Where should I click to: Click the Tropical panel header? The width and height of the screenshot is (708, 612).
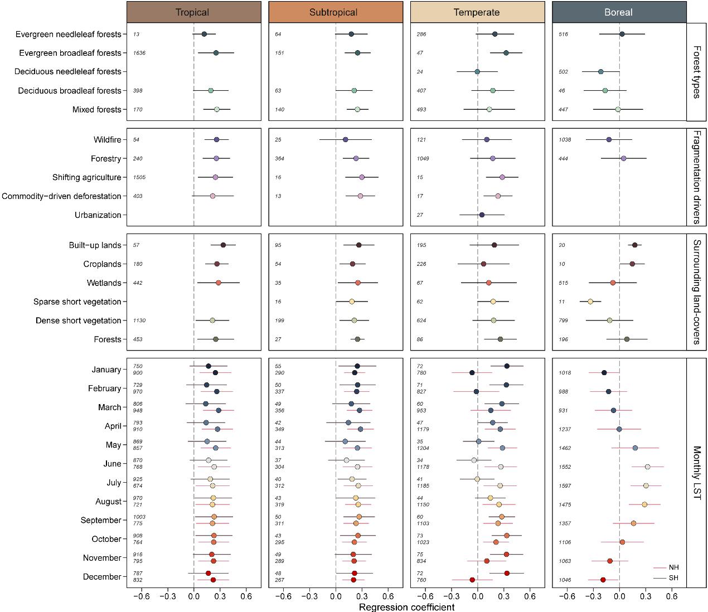[194, 12]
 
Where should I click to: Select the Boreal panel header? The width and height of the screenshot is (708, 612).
[619, 12]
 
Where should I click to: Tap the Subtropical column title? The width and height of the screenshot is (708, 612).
[333, 12]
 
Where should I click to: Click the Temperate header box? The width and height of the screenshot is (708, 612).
[477, 12]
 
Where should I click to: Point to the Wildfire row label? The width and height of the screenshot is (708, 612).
[107, 140]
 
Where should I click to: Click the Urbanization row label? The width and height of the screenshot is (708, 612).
[98, 215]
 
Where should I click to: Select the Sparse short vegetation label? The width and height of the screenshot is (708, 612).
[77, 302]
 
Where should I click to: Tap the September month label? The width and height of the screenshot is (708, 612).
[101, 520]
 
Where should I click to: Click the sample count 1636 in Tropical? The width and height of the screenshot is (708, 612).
[139, 53]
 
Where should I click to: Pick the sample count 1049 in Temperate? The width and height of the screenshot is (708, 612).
[423, 158]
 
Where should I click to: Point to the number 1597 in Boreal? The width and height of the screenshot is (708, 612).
[565, 485]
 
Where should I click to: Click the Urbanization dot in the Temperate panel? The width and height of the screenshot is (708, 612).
[482, 215]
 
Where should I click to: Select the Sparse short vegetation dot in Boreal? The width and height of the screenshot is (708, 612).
[590, 302]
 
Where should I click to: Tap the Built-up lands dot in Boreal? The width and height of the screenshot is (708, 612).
[635, 245]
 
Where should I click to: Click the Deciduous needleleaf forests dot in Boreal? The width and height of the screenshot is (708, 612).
[601, 71]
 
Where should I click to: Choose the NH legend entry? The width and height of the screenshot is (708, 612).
[666, 567]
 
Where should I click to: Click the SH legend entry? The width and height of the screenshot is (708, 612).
[666, 578]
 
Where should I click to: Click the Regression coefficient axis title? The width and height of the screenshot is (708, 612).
[406, 607]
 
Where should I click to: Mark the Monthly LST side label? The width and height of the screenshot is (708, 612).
[697, 473]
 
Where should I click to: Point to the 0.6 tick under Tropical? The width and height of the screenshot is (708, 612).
[246, 596]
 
